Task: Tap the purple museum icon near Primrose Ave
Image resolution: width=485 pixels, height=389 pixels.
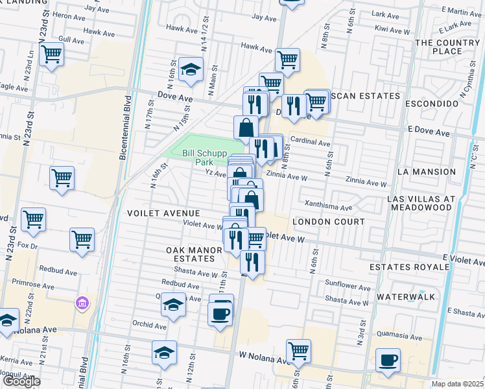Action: click(82, 303)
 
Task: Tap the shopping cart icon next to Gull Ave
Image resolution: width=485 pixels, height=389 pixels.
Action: click(51, 54)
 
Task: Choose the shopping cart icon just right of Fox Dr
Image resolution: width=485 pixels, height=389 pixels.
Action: click(82, 239)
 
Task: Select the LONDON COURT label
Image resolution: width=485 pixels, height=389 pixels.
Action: click(328, 222)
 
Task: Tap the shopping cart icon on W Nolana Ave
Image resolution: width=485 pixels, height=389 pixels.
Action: click(298, 351)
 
